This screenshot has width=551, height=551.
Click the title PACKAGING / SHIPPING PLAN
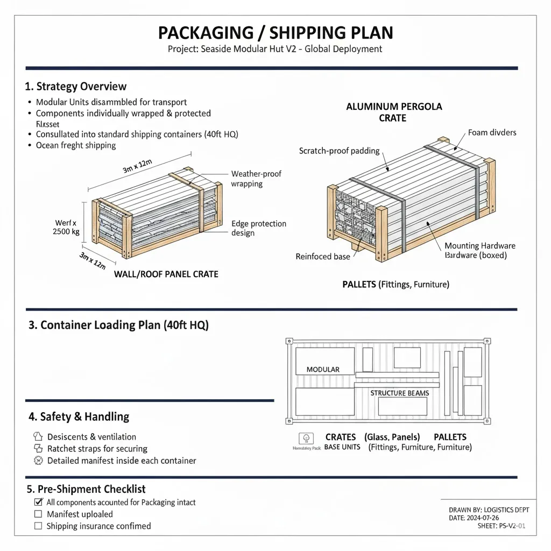click(275, 32)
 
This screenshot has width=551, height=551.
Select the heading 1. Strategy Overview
click(76, 86)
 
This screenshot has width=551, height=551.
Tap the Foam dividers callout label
click(491, 132)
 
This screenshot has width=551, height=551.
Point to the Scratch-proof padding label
click(339, 151)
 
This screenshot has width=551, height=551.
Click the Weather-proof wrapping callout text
click(256, 179)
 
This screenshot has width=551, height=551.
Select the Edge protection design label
click(258, 228)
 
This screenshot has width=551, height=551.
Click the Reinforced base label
click(322, 257)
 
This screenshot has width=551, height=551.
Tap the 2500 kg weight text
click(66, 231)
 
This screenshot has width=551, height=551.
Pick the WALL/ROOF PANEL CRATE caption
click(166, 274)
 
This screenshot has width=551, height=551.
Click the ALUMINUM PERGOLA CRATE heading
click(394, 112)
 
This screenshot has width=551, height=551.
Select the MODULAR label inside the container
click(323, 369)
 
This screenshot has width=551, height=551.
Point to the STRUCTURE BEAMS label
click(399, 393)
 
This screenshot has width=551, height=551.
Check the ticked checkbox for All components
click(38, 502)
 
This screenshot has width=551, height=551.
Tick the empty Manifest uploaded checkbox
click(38, 514)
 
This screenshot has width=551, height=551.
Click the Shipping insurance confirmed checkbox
click(38, 526)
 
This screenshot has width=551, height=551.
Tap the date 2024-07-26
click(499, 518)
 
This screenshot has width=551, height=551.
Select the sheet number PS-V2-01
click(506, 526)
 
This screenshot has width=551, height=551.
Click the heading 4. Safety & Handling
click(79, 416)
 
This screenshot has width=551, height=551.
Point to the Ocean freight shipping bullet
click(75, 145)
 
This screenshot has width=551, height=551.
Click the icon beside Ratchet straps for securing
click(38, 448)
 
